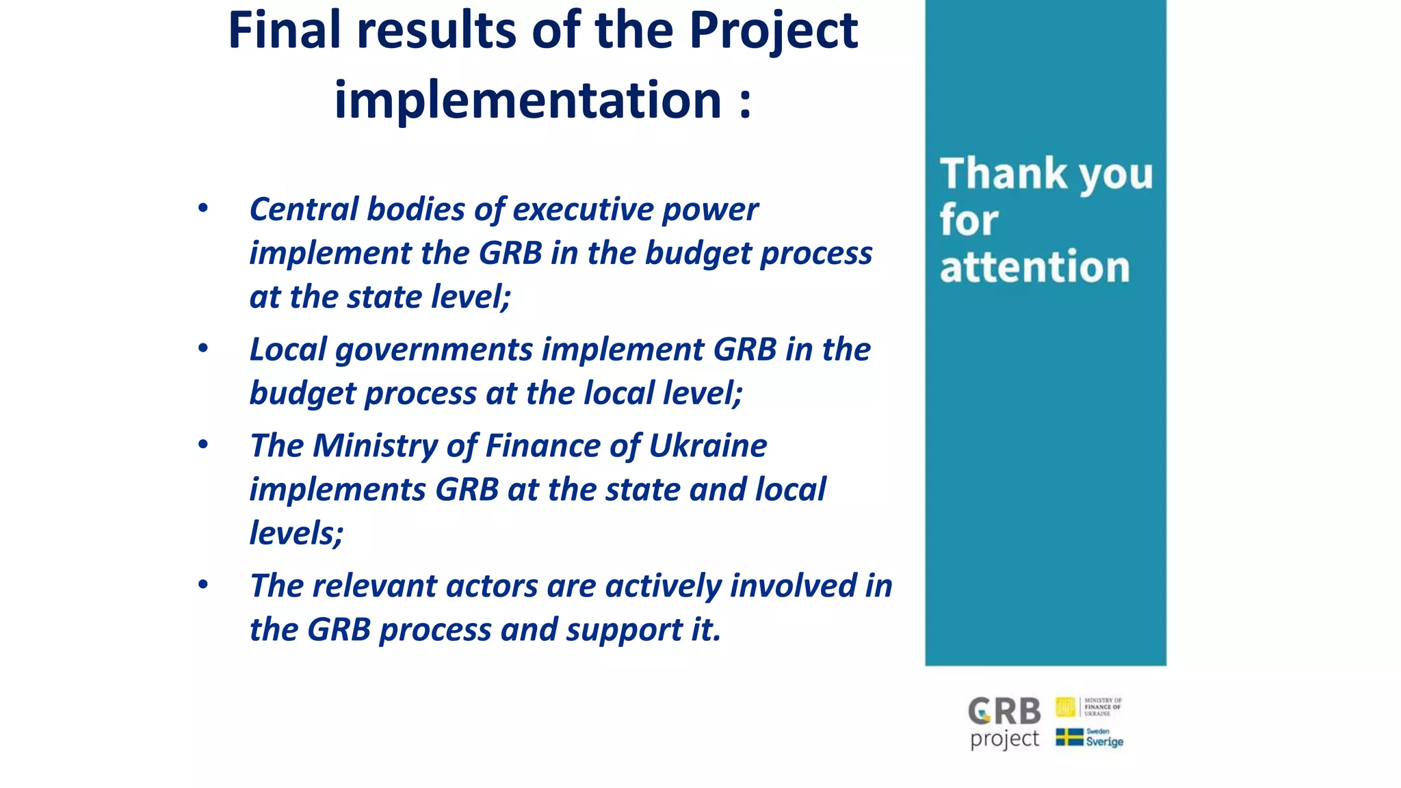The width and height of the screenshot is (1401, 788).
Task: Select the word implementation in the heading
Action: point(527,101)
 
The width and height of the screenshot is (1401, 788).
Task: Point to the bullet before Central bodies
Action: point(202,208)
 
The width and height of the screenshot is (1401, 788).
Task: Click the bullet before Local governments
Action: point(202,348)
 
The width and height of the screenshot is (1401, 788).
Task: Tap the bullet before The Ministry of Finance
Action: point(202,445)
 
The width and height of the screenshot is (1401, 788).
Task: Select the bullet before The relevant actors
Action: point(202,585)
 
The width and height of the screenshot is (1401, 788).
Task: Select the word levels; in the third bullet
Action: point(296,533)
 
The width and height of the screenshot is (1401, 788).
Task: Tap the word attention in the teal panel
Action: point(1034,267)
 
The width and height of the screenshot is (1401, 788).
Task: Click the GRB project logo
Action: point(1004,722)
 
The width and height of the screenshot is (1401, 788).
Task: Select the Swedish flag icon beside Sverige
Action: point(1069,737)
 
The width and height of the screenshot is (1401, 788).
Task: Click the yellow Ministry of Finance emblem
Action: point(1065,707)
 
